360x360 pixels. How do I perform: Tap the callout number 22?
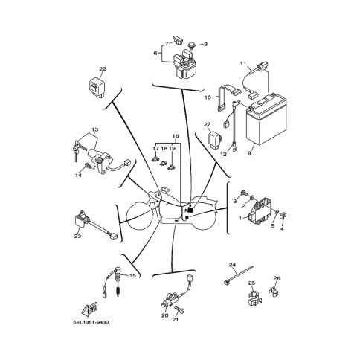(103, 69)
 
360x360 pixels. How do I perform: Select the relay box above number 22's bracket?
(97, 86)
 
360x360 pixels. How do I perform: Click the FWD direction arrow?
(89, 309)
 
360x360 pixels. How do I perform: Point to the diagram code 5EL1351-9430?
(91, 322)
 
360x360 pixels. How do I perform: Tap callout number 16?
(176, 136)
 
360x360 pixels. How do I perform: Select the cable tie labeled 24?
(238, 275)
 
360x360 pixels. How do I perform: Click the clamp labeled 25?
(254, 297)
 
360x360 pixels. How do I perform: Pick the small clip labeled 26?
(273, 290)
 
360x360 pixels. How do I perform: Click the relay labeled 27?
(215, 140)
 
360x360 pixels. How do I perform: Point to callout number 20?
(164, 315)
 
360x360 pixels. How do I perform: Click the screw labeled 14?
(88, 166)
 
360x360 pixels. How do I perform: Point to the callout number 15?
(132, 275)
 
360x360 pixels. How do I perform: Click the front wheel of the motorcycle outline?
(139, 216)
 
